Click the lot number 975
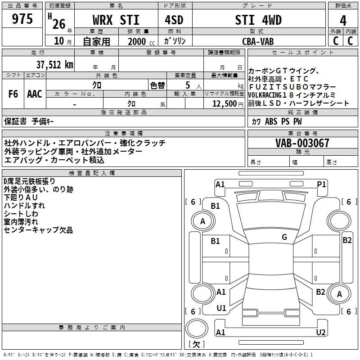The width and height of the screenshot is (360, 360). tap(22, 18)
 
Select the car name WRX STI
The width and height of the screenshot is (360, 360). tap(116, 20)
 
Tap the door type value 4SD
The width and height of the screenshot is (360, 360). tap(174, 20)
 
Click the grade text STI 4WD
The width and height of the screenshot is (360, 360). tap(258, 20)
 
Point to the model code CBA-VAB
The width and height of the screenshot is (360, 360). tap(258, 41)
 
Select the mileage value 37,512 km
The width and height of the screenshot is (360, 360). tap(55, 65)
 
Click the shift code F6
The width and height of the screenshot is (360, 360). tap(13, 94)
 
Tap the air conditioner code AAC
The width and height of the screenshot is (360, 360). tap(35, 94)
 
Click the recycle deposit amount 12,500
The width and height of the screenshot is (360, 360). tap(225, 104)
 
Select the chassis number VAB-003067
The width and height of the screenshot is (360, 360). tap(302, 143)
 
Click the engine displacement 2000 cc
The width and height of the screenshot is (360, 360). tap(141, 41)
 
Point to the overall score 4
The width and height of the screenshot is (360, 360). tap(343, 21)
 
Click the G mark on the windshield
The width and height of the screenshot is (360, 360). tap(284, 237)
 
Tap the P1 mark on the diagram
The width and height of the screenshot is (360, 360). tap(321, 184)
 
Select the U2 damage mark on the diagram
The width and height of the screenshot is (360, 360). tap(321, 332)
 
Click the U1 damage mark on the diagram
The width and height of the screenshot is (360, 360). tap(221, 308)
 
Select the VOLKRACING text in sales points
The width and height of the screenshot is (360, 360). tap(265, 95)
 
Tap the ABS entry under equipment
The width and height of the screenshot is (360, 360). tap(271, 121)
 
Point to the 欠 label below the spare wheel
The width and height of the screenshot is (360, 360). tap(197, 344)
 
